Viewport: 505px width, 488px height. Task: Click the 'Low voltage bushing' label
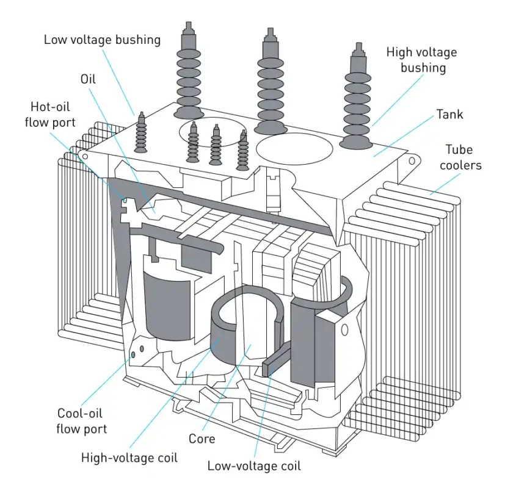click(102, 40)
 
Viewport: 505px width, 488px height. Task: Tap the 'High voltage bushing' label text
click(421, 60)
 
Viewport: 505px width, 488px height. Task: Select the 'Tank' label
click(449, 114)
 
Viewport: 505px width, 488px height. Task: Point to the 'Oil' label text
click(89, 79)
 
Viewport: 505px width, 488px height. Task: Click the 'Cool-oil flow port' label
click(82, 420)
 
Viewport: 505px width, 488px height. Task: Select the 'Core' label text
click(202, 438)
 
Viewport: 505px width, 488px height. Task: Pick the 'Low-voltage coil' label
click(254, 466)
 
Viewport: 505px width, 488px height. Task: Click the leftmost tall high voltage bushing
click(189, 70)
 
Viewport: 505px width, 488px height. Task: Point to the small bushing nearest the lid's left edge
click(142, 133)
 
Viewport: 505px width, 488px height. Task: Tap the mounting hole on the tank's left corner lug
click(85, 157)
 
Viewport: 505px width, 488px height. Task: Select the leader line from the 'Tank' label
click(404, 136)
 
